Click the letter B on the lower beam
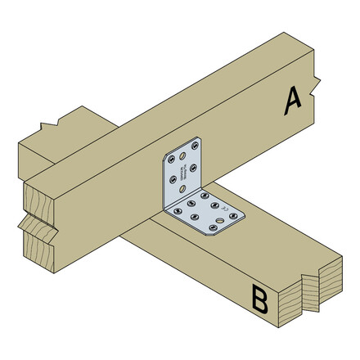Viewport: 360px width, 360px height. pyautogui.click(x=259, y=299)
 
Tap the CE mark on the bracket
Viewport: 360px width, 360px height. pyautogui.click(x=224, y=209)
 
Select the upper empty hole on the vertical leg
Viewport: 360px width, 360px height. pyautogui.click(x=182, y=155)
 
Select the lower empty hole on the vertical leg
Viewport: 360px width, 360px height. pyautogui.click(x=182, y=188)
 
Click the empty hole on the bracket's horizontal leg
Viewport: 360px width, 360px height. pyautogui.click(x=220, y=221)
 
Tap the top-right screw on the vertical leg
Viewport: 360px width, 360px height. pyautogui.click(x=195, y=146)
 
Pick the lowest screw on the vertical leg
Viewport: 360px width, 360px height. pyautogui.click(x=173, y=178)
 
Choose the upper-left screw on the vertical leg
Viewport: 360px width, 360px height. pyautogui.click(x=171, y=160)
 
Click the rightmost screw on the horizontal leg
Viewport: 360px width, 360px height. pyautogui.click(x=233, y=216)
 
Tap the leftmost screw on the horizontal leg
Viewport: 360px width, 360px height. pyautogui.click(x=178, y=211)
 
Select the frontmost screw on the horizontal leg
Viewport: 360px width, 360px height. pyautogui.click(x=213, y=227)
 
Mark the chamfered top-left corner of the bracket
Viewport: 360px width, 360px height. pyautogui.click(x=166, y=156)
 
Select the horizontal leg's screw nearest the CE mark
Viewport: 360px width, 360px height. pyautogui.click(x=214, y=205)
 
